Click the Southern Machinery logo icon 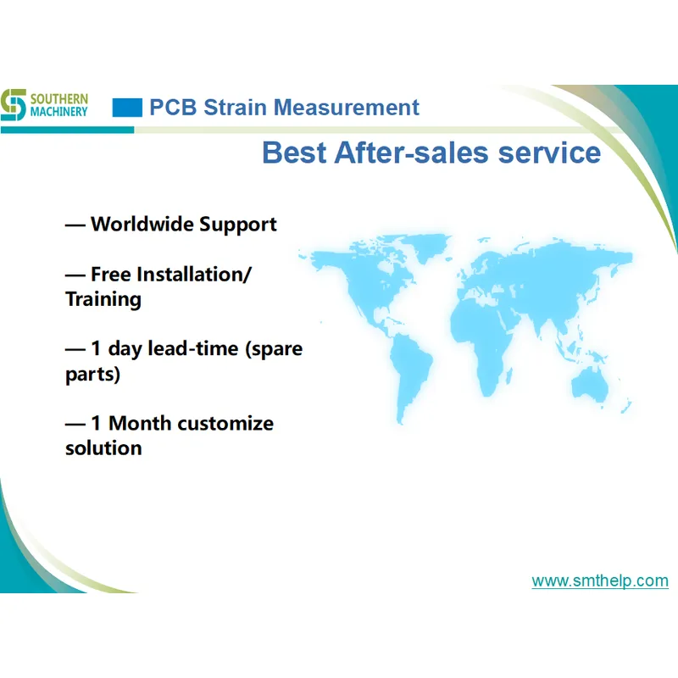point(14,103)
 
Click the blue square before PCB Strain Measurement point(127,108)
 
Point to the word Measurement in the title point(347,108)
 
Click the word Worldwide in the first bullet point(142,225)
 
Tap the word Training point(103,299)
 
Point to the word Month point(142,423)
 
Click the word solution point(103,447)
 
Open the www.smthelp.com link point(600,581)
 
